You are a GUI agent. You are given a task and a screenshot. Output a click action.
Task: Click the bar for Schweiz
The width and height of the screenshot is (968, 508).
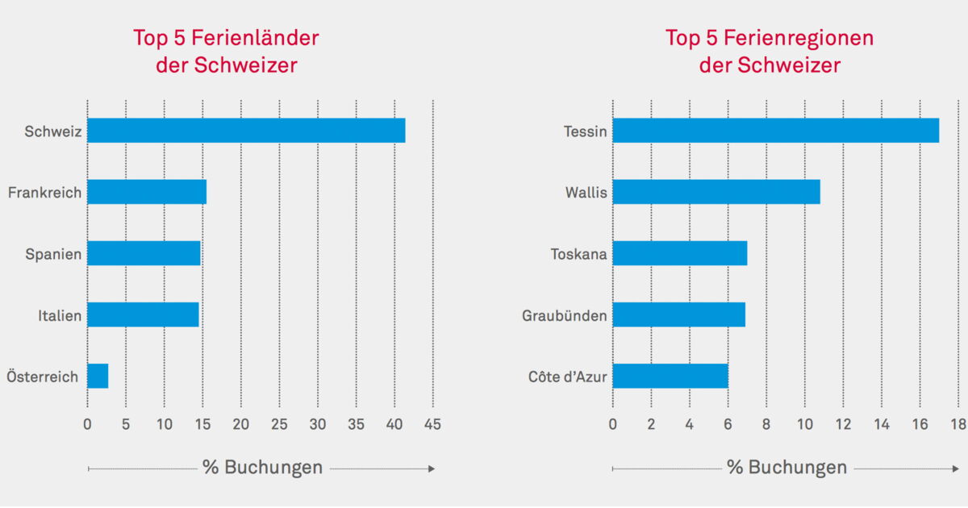pos(246,131)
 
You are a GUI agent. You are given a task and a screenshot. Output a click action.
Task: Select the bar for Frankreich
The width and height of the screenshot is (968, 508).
pos(147,192)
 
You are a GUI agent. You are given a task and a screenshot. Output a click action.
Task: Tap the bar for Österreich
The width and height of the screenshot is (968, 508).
pos(98,376)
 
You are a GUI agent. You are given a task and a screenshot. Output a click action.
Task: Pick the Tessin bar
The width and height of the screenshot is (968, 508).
pos(775,131)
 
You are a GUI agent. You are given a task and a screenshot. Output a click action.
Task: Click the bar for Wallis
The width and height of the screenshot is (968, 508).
pos(716,192)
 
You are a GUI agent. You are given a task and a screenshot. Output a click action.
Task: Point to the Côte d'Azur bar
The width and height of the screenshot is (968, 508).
pos(670,376)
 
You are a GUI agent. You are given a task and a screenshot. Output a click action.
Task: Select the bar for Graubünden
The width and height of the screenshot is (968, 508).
pos(678,314)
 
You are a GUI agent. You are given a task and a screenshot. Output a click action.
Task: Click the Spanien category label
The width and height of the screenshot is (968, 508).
pos(53,254)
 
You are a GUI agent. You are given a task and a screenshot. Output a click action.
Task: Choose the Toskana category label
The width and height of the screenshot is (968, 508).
pos(578,254)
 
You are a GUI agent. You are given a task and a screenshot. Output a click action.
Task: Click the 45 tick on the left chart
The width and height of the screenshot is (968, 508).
pos(432,424)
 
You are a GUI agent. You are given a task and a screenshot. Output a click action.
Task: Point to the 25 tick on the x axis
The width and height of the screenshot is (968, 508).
pos(279,424)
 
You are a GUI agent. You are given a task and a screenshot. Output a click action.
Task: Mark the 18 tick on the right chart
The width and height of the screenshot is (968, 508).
pos(958,424)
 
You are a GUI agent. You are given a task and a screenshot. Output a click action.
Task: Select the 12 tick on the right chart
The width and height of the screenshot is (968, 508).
pos(843,424)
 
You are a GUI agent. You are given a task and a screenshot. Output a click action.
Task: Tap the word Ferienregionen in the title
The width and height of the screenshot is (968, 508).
pos(799,38)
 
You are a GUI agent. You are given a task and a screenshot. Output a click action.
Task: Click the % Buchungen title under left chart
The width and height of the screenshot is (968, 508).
pos(262,468)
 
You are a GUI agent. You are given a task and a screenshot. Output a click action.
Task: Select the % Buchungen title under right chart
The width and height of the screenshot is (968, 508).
pos(786,468)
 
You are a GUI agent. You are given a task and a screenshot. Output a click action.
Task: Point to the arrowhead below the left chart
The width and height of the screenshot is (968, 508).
pos(432,468)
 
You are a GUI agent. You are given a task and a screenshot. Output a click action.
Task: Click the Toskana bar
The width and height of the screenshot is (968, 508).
pos(679,253)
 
